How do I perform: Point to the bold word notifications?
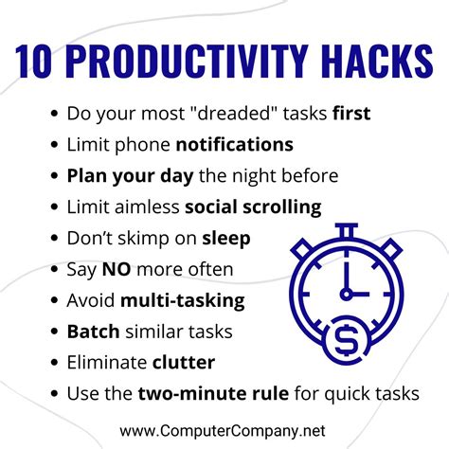(234, 145)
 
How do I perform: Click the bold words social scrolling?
(253, 207)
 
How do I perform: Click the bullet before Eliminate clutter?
(54, 363)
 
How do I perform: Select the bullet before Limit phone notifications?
(54, 145)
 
